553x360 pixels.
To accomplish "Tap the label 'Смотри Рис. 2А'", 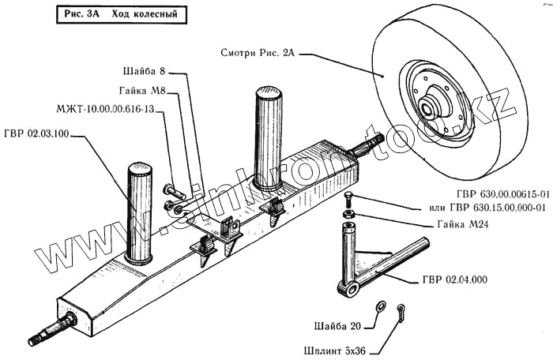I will [x=258, y=54].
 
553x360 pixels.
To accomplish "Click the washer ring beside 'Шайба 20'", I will [x=380, y=305].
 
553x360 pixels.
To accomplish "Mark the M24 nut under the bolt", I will [x=348, y=213].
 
